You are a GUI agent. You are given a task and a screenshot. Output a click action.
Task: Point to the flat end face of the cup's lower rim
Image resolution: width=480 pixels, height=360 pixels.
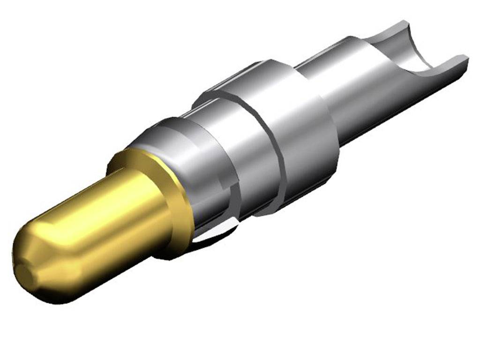(x=464, y=58)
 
